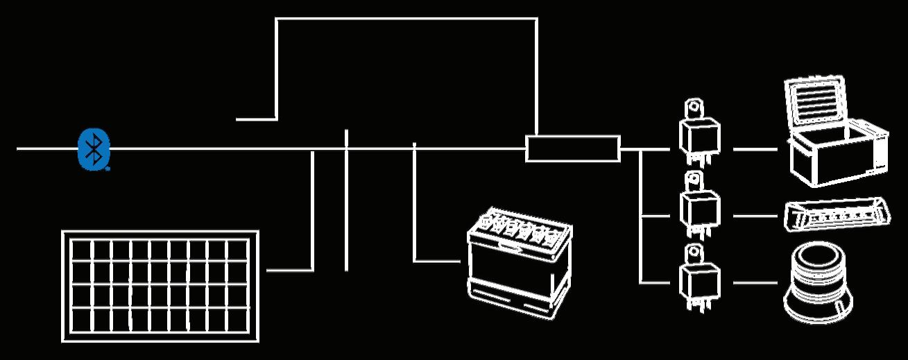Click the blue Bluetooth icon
(93, 148)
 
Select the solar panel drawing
(160, 286)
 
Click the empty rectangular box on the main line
(572, 149)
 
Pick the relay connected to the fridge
(699, 137)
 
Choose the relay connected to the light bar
(699, 206)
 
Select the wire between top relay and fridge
(755, 149)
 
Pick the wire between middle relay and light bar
(755, 216)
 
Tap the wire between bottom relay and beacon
(755, 283)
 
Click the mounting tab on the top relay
(693, 110)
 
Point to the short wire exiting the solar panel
(288, 270)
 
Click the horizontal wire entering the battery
(437, 261)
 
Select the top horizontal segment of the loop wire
(406, 19)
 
